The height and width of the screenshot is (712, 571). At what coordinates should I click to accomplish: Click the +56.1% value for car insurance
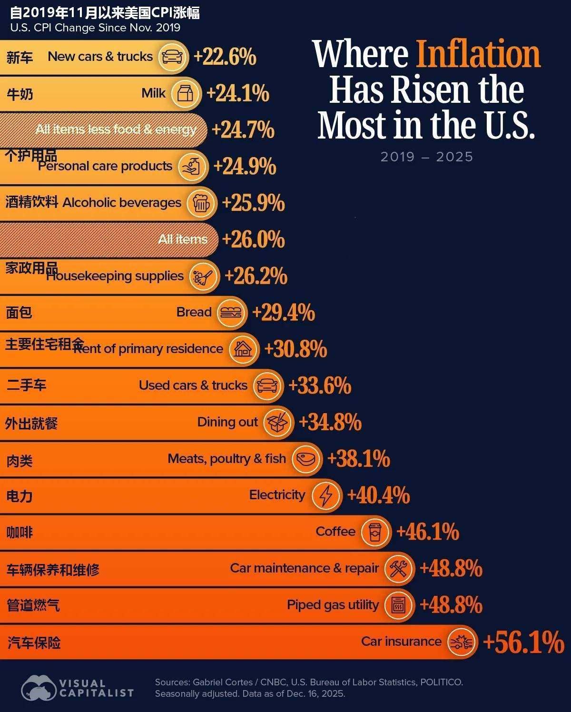pos(523,642)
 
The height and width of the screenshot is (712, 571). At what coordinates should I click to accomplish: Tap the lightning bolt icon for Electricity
pos(326,495)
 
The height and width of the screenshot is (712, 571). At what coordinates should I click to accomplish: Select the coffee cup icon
pos(375,532)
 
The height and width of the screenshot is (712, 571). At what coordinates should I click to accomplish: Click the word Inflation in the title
pos(478,54)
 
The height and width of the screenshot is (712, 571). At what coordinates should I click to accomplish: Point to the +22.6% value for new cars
pos(225,57)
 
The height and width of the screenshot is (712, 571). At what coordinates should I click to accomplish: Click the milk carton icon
pos(185,93)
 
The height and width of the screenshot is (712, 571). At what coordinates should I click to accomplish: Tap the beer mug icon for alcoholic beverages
pos(201,203)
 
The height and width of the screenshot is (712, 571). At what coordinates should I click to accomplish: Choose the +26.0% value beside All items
pos(254,239)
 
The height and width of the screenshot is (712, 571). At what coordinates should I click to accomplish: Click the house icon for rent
pos(243,349)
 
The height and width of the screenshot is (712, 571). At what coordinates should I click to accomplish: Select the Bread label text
pos(194,312)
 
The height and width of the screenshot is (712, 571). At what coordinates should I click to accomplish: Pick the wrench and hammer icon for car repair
pos(398,568)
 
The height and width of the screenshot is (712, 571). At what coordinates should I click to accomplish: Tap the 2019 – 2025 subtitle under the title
pos(426,157)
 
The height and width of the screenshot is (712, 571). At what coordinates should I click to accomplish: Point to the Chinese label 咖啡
pos(20,532)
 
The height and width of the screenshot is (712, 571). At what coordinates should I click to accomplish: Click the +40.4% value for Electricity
pos(378,495)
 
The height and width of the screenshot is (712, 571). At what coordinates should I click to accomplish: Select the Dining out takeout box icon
pos(277,422)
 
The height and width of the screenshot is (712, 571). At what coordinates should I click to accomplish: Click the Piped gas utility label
pos(333,605)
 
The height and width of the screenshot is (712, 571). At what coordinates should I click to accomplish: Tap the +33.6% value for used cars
pos(320,386)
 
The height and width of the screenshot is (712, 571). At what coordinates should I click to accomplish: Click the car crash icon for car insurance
pos(461,642)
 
